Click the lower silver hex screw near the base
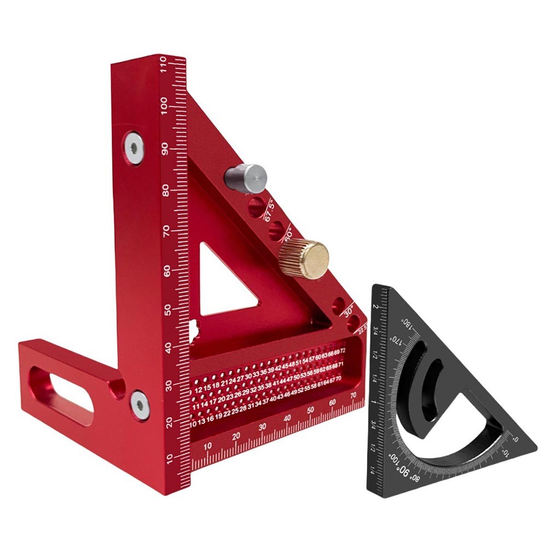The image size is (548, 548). click(x=140, y=406)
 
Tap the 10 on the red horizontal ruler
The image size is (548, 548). click(x=207, y=446)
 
